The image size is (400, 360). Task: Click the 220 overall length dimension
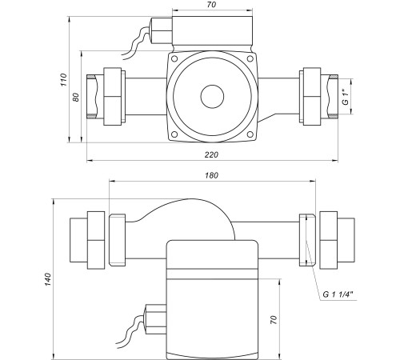pos(211,154)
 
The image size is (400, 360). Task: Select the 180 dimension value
pos(211,175)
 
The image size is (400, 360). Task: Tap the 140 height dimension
pos(48,279)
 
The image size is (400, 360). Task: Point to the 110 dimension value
pos(64,79)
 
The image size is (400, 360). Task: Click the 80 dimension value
pos(76,97)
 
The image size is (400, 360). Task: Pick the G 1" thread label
pos(346,98)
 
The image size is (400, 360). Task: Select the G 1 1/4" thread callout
pos(338,294)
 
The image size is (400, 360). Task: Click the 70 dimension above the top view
pos(211,5)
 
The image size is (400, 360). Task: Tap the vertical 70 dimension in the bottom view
pos(274,319)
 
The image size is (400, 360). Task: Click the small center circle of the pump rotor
pos(212,97)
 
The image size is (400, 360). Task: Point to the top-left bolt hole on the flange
pos(174,58)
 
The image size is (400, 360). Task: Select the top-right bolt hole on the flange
pos(250,58)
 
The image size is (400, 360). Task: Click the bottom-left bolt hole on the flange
pos(174,134)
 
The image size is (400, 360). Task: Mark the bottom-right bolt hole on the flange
pos(250,134)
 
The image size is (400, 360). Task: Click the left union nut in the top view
pos(112,97)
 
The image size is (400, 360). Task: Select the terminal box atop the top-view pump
pos(212,31)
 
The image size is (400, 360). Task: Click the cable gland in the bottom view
pos(155,319)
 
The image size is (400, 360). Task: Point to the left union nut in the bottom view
pos(96,240)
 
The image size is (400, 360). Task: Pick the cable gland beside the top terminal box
pos(162,30)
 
